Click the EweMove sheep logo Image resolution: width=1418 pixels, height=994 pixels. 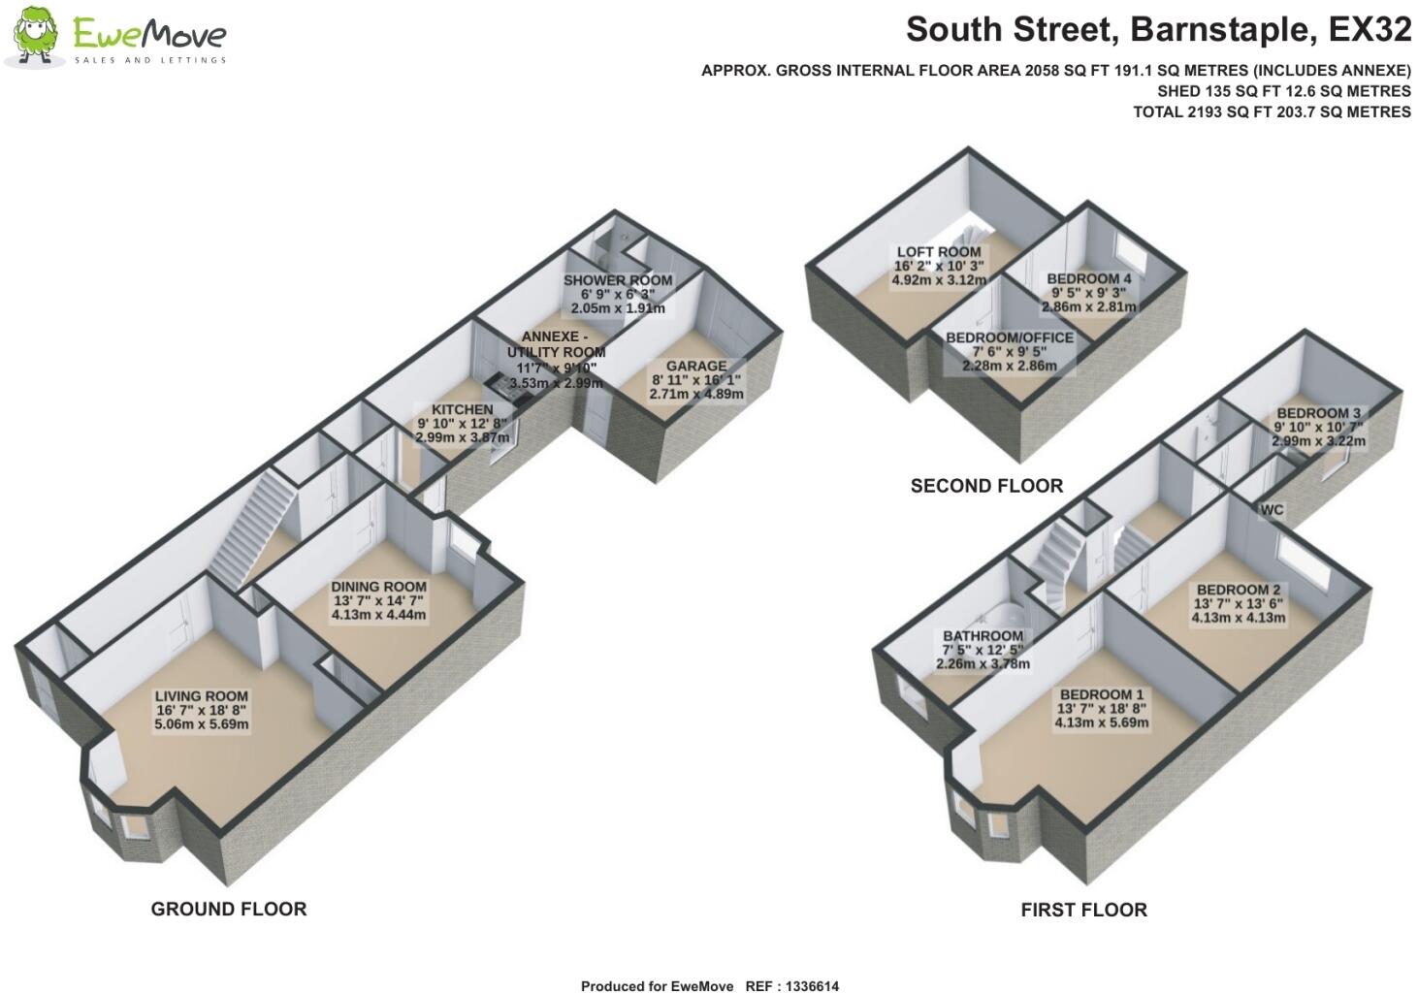[35, 37]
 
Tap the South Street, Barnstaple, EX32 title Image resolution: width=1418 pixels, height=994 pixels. [1158, 30]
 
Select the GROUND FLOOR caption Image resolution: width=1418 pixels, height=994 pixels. [229, 909]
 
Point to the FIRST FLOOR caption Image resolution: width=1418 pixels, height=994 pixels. [1083, 910]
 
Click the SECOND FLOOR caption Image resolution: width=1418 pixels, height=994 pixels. [986, 486]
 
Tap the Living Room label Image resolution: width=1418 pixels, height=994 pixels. [202, 696]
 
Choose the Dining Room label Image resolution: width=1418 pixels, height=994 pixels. [378, 587]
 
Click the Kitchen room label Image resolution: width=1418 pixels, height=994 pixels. [463, 410]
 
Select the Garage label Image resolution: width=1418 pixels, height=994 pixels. [695, 367]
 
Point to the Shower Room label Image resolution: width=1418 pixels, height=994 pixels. [618, 281]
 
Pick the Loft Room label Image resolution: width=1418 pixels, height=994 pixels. [938, 252]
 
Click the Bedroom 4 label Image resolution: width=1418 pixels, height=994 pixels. [1088, 279]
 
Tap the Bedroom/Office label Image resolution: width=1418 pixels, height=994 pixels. [1010, 337]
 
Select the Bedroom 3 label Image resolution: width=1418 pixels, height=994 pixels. [1318, 413]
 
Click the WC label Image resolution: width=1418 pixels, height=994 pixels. [1273, 510]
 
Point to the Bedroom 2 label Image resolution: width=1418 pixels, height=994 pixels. [1239, 590]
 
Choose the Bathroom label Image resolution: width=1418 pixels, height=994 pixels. [983, 636]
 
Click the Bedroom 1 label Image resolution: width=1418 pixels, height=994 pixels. [1101, 694]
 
